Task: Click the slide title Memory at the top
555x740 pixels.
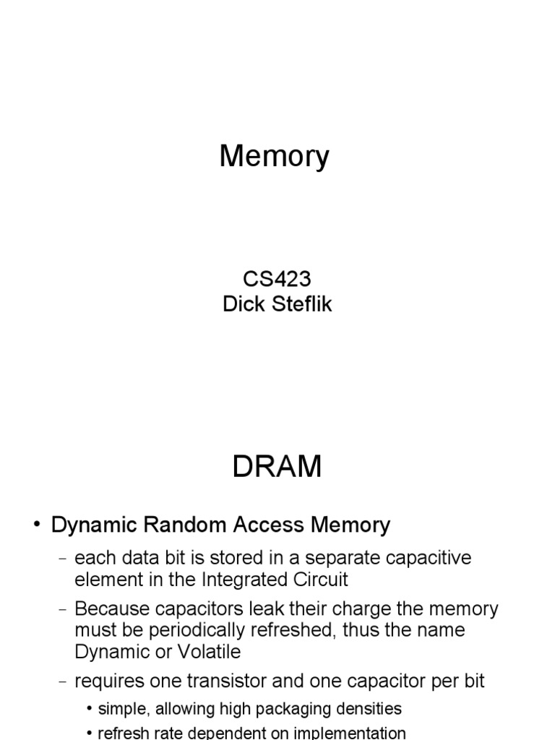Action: click(x=274, y=157)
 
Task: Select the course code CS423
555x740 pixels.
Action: click(x=277, y=278)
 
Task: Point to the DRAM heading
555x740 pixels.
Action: click(x=277, y=466)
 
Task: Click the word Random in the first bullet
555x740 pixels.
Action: click(x=184, y=525)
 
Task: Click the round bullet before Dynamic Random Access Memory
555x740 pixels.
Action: click(x=37, y=525)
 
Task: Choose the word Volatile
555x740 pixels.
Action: click(x=209, y=652)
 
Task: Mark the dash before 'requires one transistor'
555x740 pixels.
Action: click(x=63, y=682)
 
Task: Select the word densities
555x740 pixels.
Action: click(x=376, y=709)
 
